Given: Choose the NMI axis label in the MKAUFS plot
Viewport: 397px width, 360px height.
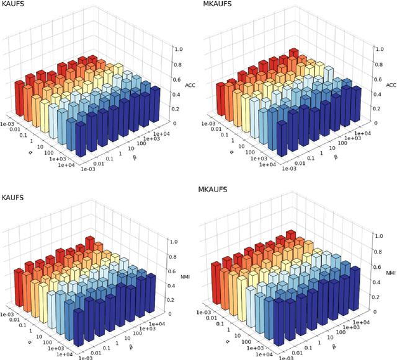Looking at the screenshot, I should tap(390, 273).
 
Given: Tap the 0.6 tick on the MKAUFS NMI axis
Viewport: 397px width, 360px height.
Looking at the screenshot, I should tap(378, 267).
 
